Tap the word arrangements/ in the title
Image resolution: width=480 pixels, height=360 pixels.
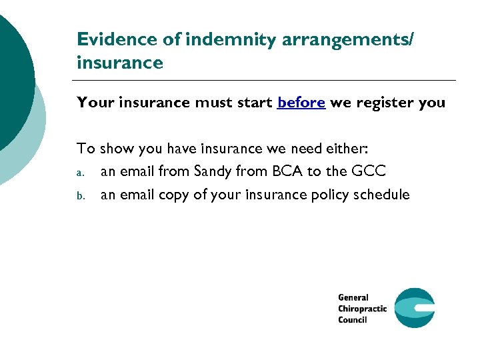[x=347, y=39]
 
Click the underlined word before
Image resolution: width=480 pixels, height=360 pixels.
[x=301, y=103]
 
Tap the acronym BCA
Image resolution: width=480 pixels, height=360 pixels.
[x=288, y=171]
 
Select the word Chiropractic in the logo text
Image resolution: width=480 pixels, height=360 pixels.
[x=362, y=309]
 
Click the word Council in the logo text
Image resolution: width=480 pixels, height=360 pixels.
[x=353, y=320]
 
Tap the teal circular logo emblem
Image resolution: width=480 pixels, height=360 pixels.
[x=414, y=308]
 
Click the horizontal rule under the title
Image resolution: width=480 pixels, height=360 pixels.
[x=266, y=81]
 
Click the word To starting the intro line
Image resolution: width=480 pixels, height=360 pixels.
[x=86, y=149]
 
